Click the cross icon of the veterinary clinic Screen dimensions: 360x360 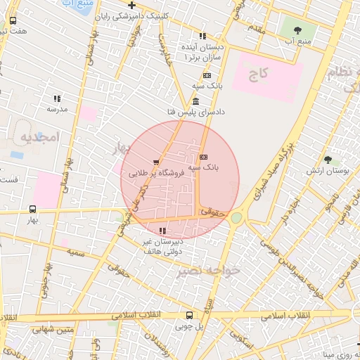tap(131, 6)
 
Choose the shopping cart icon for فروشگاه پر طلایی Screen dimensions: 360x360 tap(155, 162)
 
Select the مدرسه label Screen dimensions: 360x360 tap(56, 110)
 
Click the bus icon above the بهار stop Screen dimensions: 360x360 tap(32, 209)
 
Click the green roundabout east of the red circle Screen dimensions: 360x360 tap(236, 218)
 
